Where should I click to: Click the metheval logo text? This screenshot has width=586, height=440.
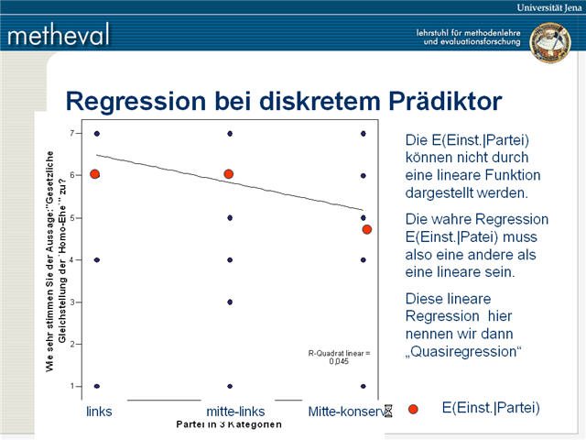tap(60, 35)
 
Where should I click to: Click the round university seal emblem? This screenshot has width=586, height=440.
tap(550, 42)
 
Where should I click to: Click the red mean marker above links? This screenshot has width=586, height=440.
tap(94, 174)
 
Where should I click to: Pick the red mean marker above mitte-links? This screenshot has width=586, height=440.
tap(229, 173)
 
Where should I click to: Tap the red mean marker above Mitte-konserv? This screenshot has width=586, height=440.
tap(367, 229)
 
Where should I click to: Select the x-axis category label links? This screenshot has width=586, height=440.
tap(99, 412)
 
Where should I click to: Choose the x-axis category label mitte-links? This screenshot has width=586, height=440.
tap(236, 412)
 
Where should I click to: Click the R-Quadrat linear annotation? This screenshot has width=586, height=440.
tap(340, 357)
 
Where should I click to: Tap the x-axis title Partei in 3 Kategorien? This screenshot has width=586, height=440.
tap(229, 425)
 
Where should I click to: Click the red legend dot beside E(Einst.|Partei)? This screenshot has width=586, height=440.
tap(413, 409)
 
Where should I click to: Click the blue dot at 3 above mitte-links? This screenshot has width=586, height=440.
tap(230, 302)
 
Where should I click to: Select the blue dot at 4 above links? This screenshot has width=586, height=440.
tap(96, 259)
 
